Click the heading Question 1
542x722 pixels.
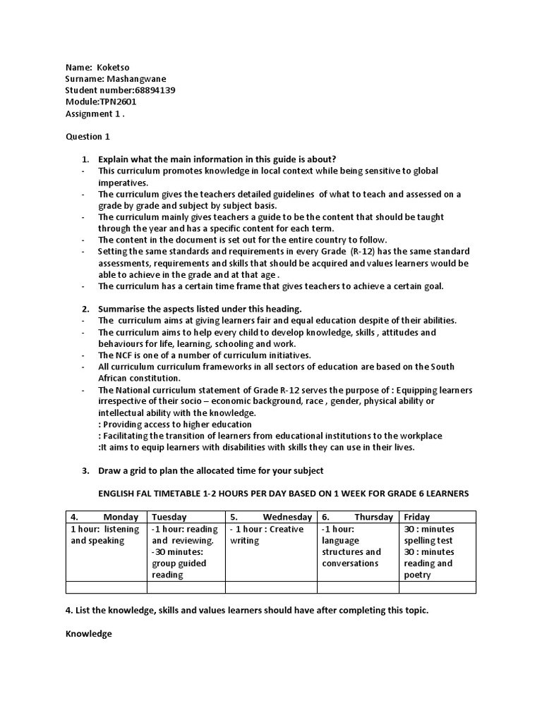pos(88,136)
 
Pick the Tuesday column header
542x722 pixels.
pos(169,517)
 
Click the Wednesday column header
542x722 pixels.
pos(287,517)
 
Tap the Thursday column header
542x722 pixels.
pos(373,517)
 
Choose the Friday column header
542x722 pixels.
pos(417,517)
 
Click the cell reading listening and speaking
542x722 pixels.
pos(106,535)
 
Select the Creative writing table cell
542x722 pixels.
pos(271,535)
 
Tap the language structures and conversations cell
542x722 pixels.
pos(351,546)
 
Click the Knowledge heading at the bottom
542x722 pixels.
pos(89,634)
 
